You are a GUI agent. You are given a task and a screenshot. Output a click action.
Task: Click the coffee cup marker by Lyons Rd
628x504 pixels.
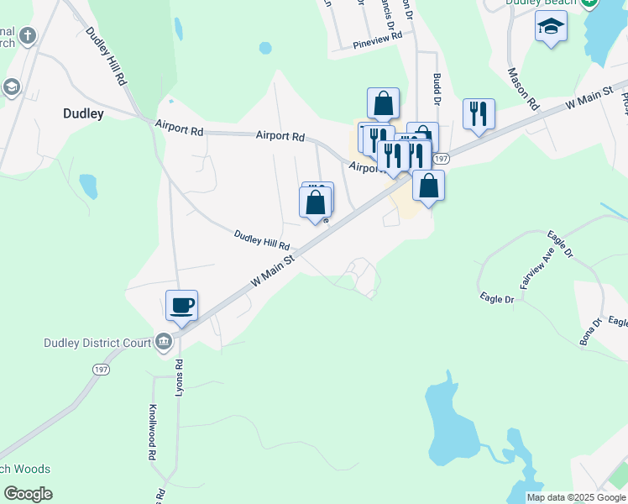click(x=181, y=305)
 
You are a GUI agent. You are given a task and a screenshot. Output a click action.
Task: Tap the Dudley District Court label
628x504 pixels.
click(x=97, y=343)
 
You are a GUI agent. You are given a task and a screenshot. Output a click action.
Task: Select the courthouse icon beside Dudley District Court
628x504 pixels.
click(x=163, y=342)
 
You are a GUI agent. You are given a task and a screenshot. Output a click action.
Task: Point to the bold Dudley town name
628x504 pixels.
click(x=83, y=113)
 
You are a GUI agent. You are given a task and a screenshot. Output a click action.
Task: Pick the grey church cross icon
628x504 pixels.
click(x=29, y=35)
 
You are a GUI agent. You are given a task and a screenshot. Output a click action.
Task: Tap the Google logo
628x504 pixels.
click(x=28, y=494)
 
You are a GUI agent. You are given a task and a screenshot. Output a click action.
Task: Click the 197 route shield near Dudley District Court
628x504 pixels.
click(x=102, y=369)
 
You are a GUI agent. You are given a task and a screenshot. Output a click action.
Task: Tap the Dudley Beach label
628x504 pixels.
click(x=542, y=3)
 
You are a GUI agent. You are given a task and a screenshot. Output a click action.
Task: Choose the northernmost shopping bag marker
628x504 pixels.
click(x=383, y=103)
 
